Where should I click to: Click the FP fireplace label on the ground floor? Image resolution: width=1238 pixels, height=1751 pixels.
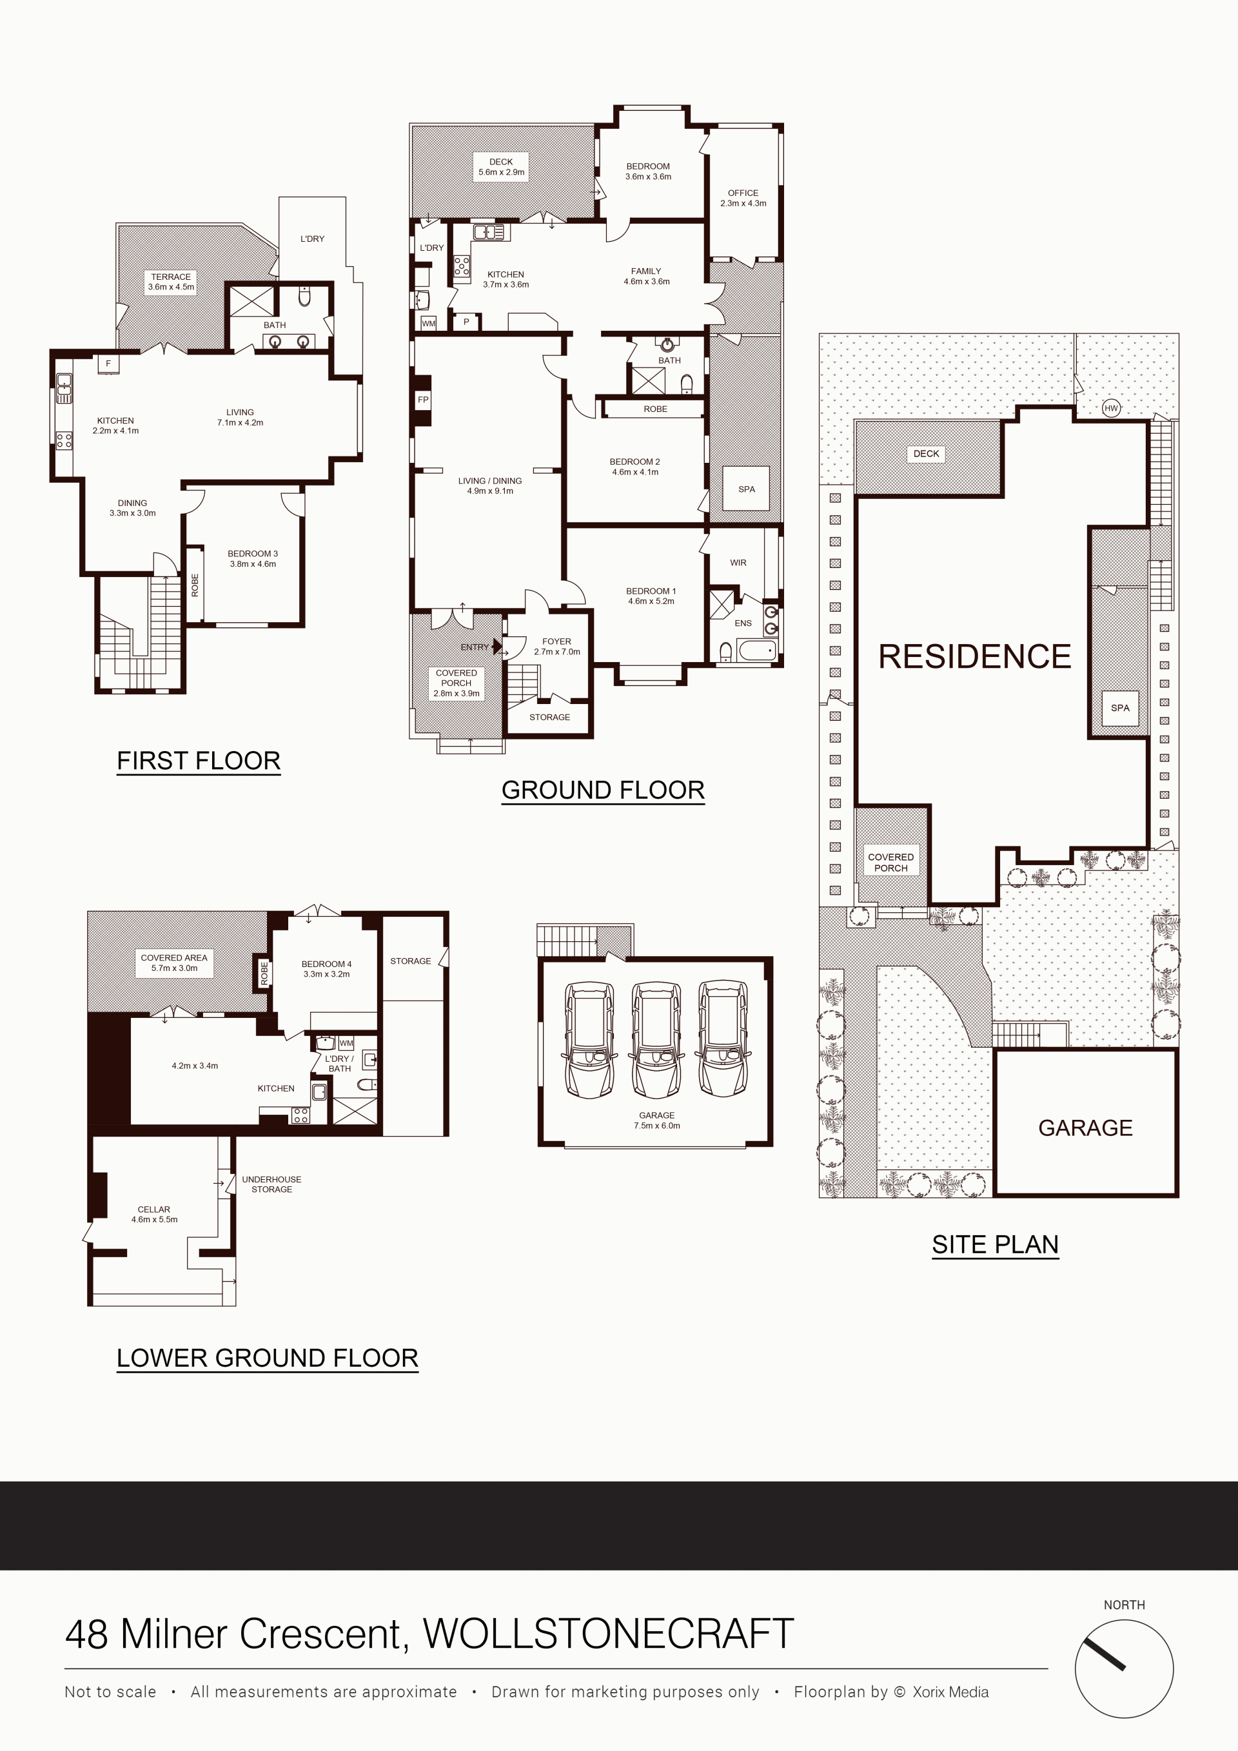[x=422, y=400]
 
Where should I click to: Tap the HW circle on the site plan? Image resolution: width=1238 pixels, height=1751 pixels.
[x=1110, y=408]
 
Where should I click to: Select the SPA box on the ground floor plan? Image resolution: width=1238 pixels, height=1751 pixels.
[x=746, y=489]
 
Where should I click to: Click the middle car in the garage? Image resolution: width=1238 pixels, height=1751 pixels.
[x=656, y=1039]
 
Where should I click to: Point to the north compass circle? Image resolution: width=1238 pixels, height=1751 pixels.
[x=1124, y=1668]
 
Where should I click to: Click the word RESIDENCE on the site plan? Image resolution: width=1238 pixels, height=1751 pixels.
[x=975, y=656]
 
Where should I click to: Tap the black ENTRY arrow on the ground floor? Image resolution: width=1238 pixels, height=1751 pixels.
[x=497, y=647]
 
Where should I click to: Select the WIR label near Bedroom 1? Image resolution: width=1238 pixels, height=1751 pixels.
[x=738, y=563]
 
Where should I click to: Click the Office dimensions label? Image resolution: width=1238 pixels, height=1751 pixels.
[x=743, y=204]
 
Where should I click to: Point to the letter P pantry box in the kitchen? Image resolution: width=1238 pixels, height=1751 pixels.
[x=466, y=322]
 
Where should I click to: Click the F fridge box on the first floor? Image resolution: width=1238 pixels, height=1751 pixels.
[x=108, y=364]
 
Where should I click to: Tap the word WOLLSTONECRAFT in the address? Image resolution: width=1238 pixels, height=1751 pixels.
[x=608, y=1634]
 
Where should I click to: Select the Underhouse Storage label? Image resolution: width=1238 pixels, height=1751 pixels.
[x=271, y=1184]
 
